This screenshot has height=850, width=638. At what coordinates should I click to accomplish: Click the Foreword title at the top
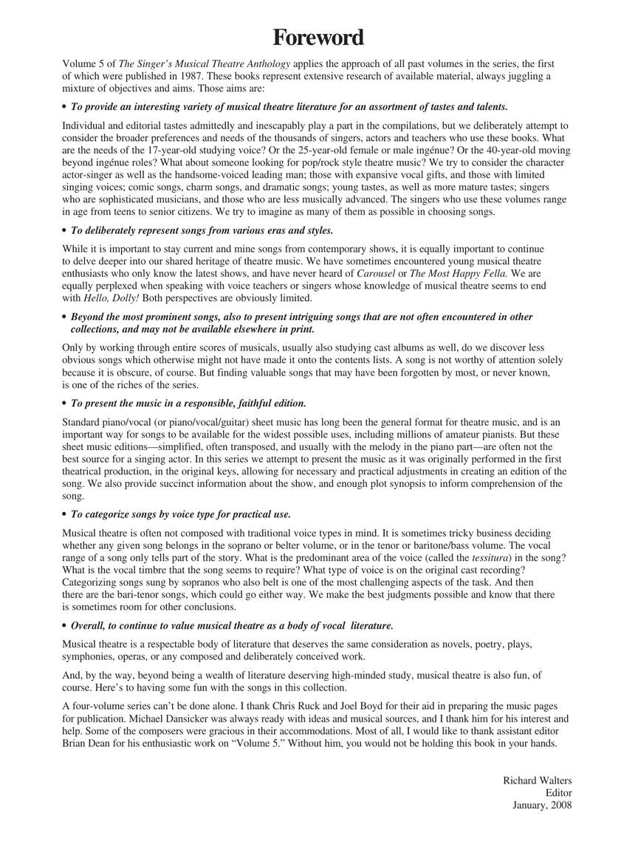coord(318,37)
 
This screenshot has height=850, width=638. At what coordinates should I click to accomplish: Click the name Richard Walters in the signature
coord(537,781)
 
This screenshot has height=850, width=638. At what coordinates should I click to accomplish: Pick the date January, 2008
coord(542,805)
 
